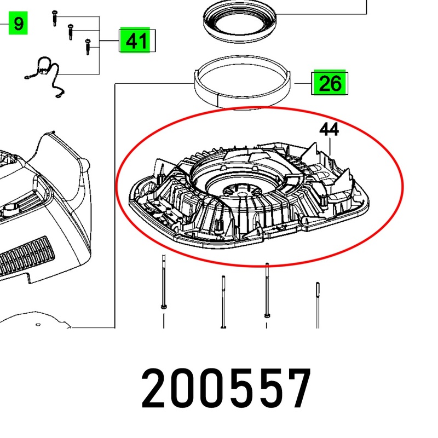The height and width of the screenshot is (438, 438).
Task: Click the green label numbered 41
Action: [x=135, y=40]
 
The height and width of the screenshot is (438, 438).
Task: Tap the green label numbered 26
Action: [x=330, y=83]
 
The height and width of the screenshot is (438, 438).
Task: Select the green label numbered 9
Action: [x=18, y=23]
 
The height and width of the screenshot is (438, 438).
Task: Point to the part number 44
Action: [x=329, y=129]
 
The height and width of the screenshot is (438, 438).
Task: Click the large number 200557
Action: [x=226, y=389]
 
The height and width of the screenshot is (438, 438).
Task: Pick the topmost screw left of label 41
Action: [x=55, y=18]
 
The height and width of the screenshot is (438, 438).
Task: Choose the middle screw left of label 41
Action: [x=71, y=32]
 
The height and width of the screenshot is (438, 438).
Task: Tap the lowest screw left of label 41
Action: [x=88, y=47]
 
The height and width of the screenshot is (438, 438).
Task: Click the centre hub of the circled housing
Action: [x=242, y=191]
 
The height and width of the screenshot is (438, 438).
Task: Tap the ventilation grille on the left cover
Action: [x=27, y=256]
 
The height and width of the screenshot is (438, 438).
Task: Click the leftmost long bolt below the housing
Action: [x=164, y=281]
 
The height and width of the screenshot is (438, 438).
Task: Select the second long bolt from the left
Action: [x=223, y=302]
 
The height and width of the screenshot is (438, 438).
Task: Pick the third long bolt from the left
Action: [x=267, y=290]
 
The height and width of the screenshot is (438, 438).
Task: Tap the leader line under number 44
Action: [x=330, y=146]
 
